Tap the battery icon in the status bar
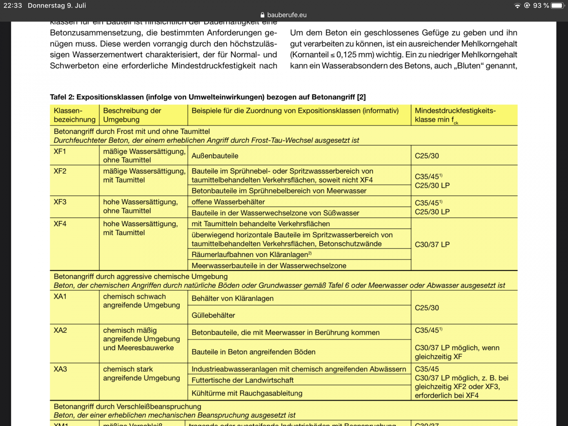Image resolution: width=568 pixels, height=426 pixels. tap(557, 6)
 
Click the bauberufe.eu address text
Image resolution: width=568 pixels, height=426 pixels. tap(286, 15)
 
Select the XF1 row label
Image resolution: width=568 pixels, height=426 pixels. tap(60, 151)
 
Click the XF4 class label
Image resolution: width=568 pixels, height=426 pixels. tap(60, 224)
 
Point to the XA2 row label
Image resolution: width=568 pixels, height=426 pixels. tap(60, 330)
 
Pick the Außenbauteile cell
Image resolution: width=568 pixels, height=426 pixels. tap(215, 156)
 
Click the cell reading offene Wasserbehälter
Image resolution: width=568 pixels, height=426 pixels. tap(228, 202)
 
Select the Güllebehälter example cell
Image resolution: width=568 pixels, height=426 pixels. tap(213, 315)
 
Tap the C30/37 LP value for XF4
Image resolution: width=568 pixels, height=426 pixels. tap(432, 245)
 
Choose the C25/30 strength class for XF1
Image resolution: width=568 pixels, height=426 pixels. tap(427, 156)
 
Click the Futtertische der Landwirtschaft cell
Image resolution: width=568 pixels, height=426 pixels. tap(243, 380)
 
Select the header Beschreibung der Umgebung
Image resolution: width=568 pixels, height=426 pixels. tap(132, 115)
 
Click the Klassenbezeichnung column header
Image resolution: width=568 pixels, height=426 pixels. tap(74, 115)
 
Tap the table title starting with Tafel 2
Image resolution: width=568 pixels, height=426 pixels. tap(208, 97)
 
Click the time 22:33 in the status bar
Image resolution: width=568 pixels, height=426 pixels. tap(13, 6)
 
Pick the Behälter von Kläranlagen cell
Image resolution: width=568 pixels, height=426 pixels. tap(233, 298)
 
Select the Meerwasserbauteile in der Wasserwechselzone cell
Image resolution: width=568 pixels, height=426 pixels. tap(269, 266)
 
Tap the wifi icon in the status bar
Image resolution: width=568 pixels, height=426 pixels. tap(517, 6)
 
